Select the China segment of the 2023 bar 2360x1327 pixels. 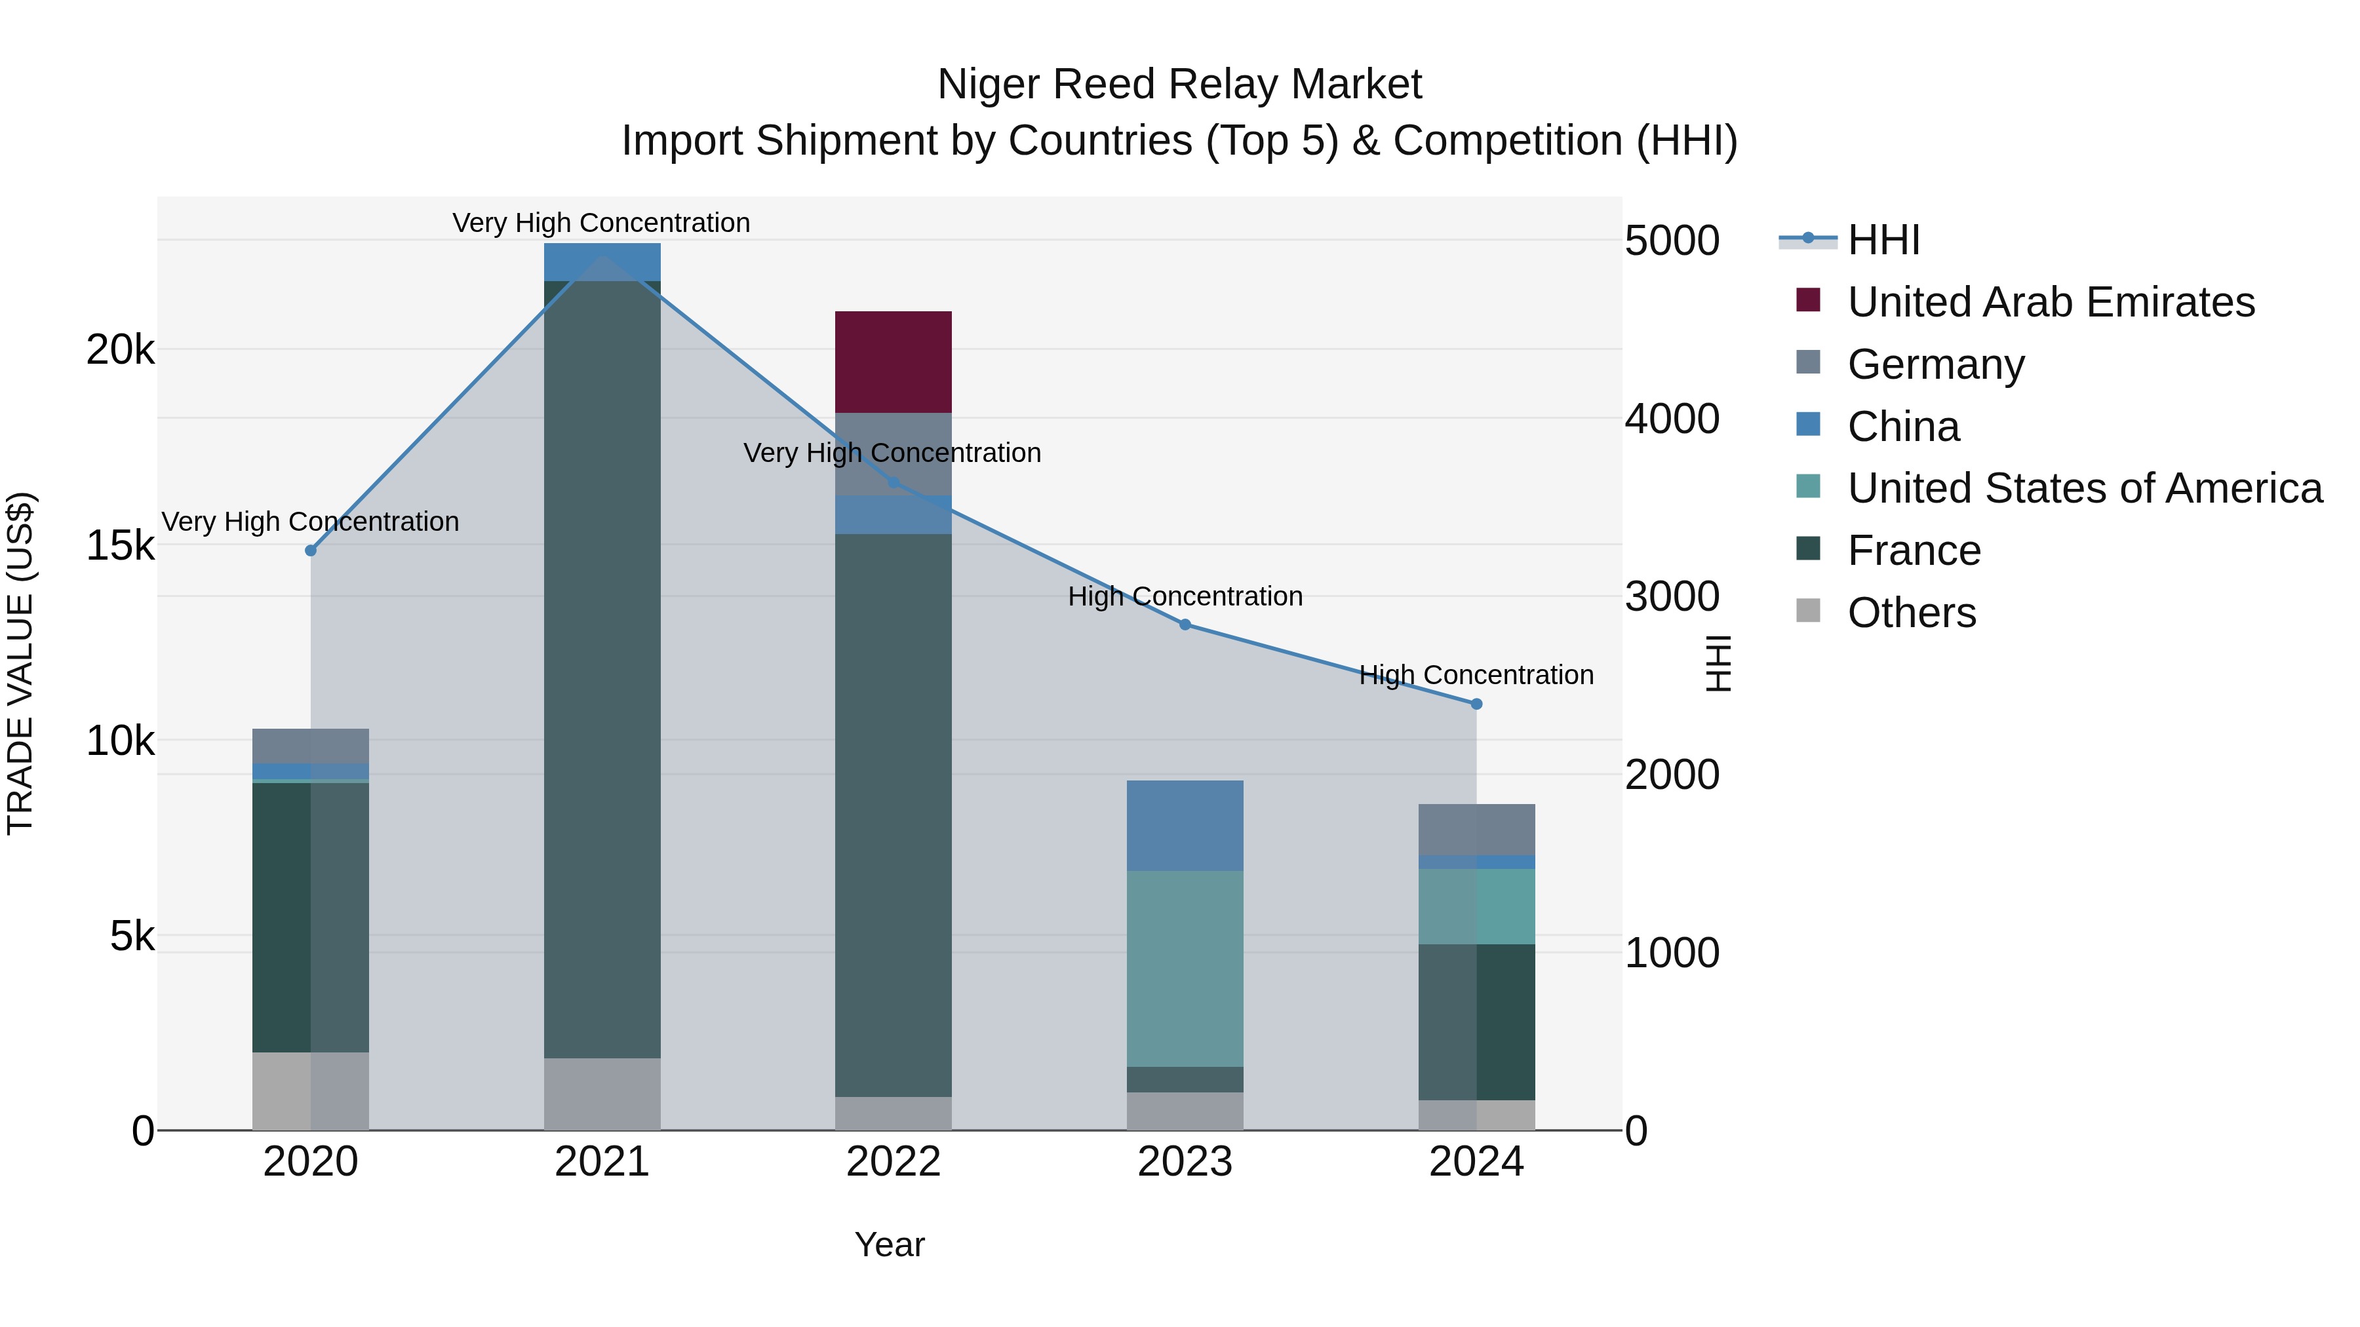(x=1184, y=825)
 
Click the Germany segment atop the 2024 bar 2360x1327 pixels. (x=1476, y=829)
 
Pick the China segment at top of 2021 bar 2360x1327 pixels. (x=602, y=262)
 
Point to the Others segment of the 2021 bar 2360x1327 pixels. (x=602, y=1094)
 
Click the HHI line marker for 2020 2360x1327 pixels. (x=311, y=550)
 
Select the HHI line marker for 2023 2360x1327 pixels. (x=1185, y=625)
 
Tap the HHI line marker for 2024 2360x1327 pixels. (x=1476, y=704)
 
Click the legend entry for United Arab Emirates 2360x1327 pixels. (x=2051, y=302)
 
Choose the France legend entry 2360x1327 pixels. (x=1914, y=550)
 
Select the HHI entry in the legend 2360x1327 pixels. (x=1883, y=240)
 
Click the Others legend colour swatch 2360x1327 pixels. (x=1809, y=610)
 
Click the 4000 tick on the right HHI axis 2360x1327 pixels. (x=1672, y=419)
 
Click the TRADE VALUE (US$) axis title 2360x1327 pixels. (x=20, y=663)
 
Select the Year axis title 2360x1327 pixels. (x=889, y=1244)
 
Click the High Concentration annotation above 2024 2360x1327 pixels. (x=1476, y=675)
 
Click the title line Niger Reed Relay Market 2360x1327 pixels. (x=1179, y=85)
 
